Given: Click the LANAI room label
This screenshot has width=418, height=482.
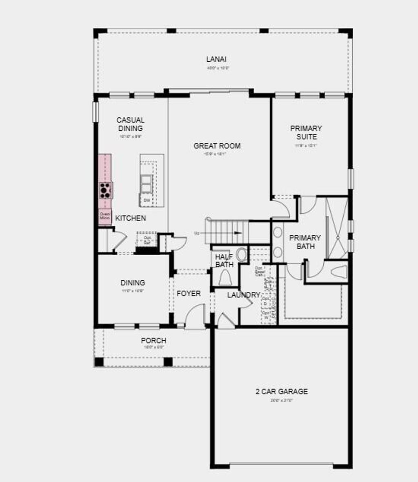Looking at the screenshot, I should coord(216,59).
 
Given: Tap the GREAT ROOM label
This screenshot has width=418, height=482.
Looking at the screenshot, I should coord(217,146).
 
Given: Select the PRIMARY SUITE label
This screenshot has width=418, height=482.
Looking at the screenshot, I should coord(306,132).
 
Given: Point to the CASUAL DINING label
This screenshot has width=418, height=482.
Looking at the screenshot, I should coord(130,124).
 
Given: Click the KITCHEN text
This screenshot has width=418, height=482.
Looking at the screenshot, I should coord(130,218).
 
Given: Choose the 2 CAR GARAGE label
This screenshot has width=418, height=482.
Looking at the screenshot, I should coord(282,391).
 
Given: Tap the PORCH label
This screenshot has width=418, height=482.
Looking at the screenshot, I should coord(153,340).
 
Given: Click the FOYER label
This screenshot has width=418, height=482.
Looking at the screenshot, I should coord(189,293).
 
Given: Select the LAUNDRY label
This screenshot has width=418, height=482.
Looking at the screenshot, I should coord(244,295).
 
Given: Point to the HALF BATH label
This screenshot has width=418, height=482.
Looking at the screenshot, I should coord(224,261).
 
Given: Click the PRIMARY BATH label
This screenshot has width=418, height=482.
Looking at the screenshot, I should coord(305,242).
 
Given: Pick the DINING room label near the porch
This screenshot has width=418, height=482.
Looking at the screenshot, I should coord(133,283).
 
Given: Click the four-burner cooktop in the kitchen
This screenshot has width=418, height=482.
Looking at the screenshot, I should coord(105,190).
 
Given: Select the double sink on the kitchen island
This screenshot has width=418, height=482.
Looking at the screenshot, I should coord(147,184).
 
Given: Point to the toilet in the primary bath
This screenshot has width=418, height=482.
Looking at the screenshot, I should coord(338,271).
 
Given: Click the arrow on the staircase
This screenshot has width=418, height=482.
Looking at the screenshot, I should coord(238,233).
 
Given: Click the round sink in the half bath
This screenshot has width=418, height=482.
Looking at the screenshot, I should coord(242,254).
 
